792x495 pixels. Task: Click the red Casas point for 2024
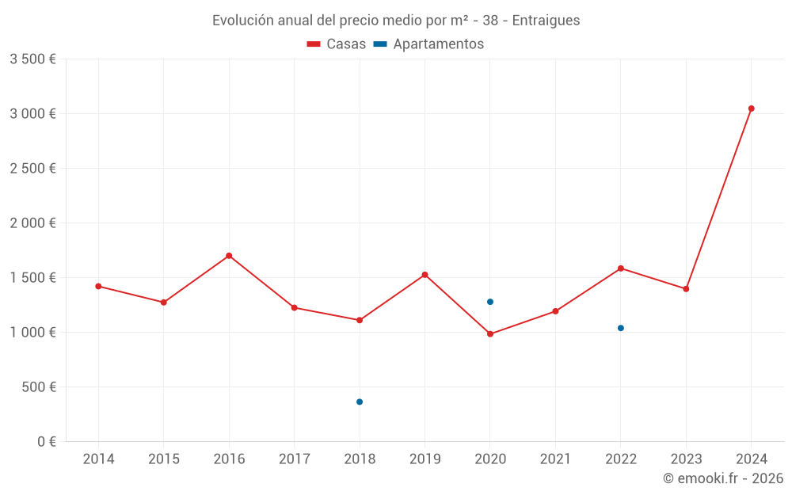pos(751,109)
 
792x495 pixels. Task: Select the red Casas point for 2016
pos(229,256)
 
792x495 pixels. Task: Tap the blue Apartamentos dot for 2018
pos(360,402)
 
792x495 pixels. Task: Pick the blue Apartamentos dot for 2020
pos(490,302)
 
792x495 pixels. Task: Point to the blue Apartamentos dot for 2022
pos(621,328)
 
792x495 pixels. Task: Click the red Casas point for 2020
pos(490,334)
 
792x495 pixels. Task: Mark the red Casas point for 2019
pos(425,275)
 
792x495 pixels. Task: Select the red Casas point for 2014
pos(98,286)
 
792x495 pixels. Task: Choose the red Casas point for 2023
pos(686,289)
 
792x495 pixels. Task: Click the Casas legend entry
pos(337,44)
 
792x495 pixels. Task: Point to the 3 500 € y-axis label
pos(32,59)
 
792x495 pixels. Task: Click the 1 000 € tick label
pos(32,333)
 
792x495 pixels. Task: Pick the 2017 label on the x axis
pos(294,459)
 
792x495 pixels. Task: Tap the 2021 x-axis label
pos(555,459)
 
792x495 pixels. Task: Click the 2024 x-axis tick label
pos(751,459)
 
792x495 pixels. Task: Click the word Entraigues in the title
pos(546,21)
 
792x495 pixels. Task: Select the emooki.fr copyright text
pos(723,478)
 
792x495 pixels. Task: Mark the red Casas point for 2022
pos(621,268)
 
